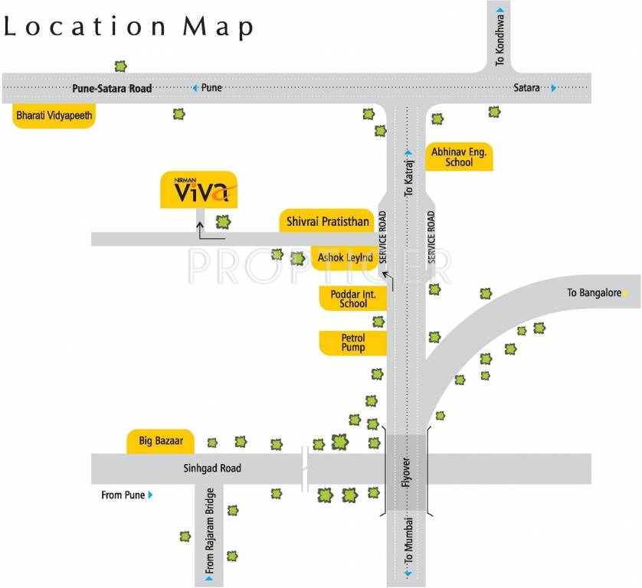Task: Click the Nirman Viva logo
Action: tap(198, 189)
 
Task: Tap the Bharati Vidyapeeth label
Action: tap(54, 116)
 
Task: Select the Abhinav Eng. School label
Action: tap(459, 157)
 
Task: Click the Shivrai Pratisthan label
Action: tap(328, 222)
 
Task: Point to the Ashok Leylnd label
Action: tap(346, 258)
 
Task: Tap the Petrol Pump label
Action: tap(353, 342)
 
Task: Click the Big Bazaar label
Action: tap(161, 441)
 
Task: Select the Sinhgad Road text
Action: tap(211, 468)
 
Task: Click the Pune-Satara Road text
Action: tap(112, 88)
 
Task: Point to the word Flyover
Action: tap(408, 473)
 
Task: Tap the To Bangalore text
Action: tap(594, 292)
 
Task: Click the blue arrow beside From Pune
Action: tap(151, 495)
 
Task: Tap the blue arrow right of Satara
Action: tap(553, 88)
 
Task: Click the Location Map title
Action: tap(129, 27)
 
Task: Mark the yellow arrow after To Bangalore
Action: tap(626, 292)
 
